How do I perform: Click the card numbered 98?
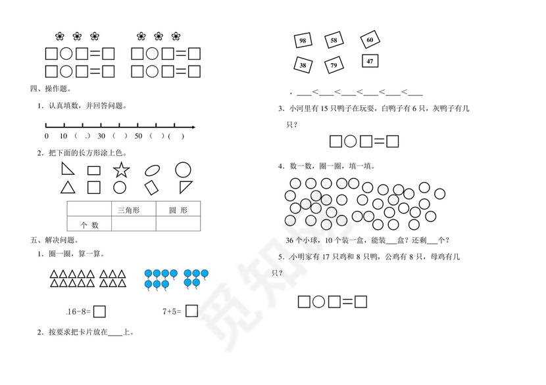(x=303, y=41)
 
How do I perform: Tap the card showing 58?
(x=334, y=41)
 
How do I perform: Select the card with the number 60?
(x=370, y=40)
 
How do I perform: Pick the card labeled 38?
(x=303, y=65)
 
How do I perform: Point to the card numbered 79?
(x=334, y=65)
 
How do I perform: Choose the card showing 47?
(x=370, y=62)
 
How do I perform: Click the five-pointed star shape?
(x=121, y=171)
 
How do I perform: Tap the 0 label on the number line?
(x=46, y=137)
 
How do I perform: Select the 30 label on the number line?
(x=101, y=137)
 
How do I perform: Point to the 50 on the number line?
(x=137, y=137)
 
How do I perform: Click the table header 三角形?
(x=128, y=210)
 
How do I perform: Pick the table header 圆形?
(x=178, y=210)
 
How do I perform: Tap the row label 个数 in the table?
(x=89, y=225)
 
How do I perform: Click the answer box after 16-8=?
(x=101, y=311)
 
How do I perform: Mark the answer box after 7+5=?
(x=191, y=311)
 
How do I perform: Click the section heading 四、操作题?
(x=51, y=89)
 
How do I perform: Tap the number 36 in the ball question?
(x=292, y=240)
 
